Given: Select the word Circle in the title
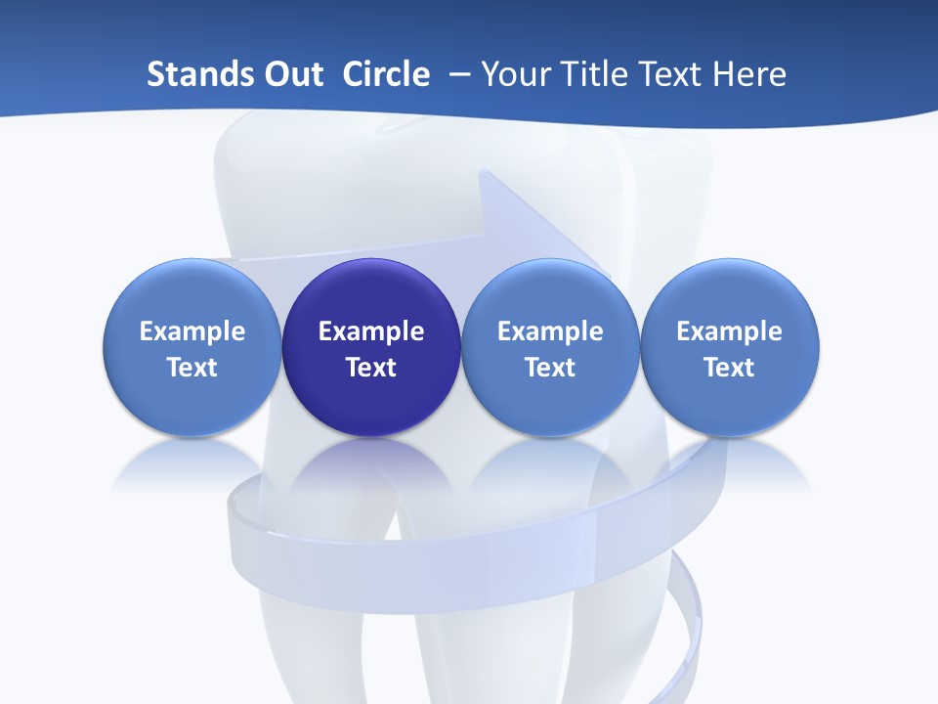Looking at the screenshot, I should click(386, 74).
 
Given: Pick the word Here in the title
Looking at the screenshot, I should click(748, 74).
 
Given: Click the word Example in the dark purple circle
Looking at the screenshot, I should click(371, 331).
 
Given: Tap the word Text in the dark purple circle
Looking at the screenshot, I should click(371, 368).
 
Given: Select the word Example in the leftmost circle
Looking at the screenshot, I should click(192, 331).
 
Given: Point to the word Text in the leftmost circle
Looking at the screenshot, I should click(192, 368).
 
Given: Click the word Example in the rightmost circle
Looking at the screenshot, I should click(730, 331).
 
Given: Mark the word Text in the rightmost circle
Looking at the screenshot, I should click(730, 368).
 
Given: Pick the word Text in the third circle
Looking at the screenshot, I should click(550, 368).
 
